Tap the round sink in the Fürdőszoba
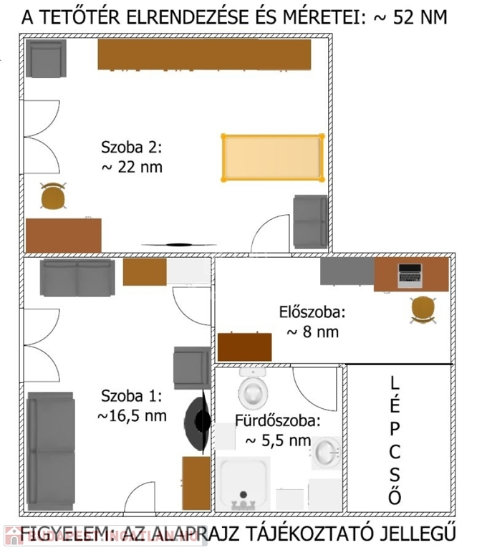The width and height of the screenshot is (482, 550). pos(326,453)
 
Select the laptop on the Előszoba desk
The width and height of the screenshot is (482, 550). pos(410,276)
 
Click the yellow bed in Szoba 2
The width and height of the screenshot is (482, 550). pos(273,158)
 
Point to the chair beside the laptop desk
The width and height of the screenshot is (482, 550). pos(423,309)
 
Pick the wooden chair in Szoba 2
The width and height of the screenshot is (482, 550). pos(53,196)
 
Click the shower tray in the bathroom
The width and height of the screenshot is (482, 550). pos(243,483)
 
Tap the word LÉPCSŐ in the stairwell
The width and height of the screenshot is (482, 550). pos(395,440)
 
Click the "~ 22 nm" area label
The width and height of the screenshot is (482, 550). pos(132,168)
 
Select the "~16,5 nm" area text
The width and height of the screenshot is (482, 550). pos(132,416)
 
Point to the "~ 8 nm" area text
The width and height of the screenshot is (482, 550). pos(312,332)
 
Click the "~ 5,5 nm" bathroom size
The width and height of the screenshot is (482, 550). pos(278,441)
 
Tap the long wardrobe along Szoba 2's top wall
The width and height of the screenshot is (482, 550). pos(204,54)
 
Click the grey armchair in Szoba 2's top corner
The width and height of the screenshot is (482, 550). pos(46,58)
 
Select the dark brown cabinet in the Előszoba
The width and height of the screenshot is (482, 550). pos(244,347)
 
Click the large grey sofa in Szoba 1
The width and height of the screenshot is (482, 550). pos(51,451)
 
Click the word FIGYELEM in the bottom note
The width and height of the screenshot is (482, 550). pos(62,534)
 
